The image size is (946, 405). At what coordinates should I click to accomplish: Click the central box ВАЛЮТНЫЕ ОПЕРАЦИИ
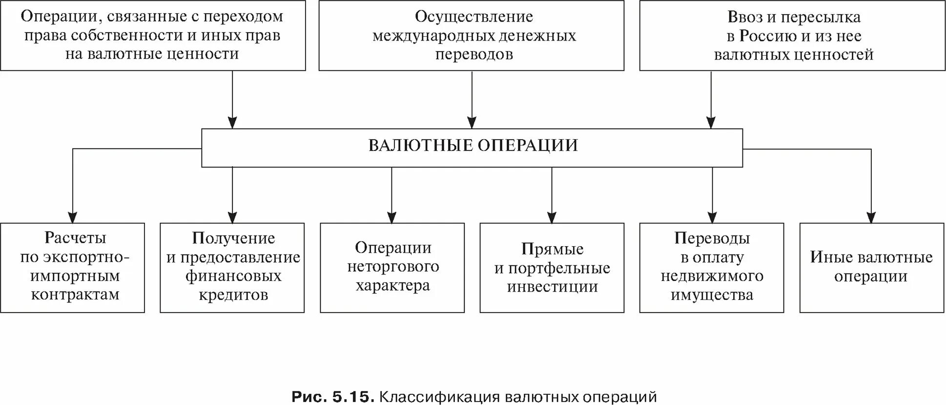[472, 148]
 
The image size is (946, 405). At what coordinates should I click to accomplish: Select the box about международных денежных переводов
[472, 36]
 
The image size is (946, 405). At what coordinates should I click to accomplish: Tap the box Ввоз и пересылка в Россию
[793, 36]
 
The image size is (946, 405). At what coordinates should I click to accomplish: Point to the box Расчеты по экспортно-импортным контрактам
[73, 268]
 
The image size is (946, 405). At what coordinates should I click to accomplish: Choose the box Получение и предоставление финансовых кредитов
[232, 268]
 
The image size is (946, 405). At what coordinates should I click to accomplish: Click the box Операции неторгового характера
[392, 268]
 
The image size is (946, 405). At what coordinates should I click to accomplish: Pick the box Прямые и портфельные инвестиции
[552, 268]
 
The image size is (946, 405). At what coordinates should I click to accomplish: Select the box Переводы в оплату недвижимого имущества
[712, 268]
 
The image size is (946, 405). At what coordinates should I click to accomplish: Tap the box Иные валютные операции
[871, 268]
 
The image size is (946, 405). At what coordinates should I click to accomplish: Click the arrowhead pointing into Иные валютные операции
[871, 218]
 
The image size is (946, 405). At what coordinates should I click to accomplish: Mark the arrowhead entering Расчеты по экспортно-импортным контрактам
[73, 218]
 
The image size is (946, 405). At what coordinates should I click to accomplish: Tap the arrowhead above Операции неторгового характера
[391, 218]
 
